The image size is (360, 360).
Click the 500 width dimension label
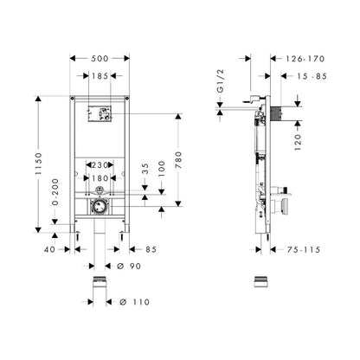click(100, 59)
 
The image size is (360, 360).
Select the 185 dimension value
click(100, 76)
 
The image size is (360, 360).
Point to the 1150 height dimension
click(39, 164)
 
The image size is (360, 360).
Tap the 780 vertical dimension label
click(178, 160)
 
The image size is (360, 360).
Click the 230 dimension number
click(100, 165)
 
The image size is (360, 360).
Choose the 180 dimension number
click(100, 178)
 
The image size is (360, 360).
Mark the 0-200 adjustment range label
click(55, 192)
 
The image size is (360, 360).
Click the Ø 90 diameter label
click(129, 266)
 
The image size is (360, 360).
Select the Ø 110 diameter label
click(135, 302)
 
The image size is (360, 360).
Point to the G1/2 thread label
click(221, 81)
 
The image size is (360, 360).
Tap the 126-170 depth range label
click(305, 59)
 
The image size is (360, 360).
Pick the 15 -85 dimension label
click(312, 76)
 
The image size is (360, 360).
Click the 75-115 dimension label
click(304, 250)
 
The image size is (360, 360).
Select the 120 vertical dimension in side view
click(298, 142)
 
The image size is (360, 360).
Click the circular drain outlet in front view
click(100, 207)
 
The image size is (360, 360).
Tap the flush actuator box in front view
click(100, 113)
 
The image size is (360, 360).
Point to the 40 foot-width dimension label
click(49, 249)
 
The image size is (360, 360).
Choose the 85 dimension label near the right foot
click(151, 249)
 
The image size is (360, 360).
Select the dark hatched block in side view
click(275, 113)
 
